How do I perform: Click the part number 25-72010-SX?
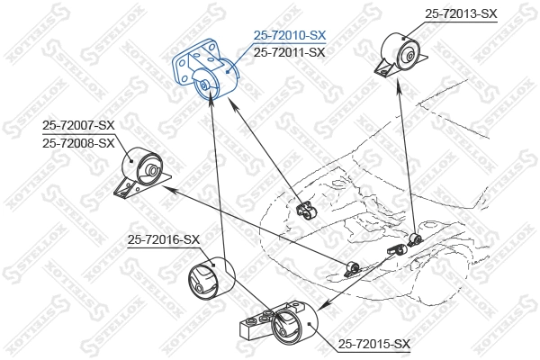pos(290,35)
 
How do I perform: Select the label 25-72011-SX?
pos(290,52)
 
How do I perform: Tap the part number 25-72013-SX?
pos(460,13)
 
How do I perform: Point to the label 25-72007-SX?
pos(78,126)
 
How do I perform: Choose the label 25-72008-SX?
pos(78,142)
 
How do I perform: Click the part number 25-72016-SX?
pos(163,238)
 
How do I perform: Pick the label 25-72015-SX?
pos(374,344)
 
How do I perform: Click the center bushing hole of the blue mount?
pos(205,85)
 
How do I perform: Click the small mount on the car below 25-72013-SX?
pos(414,239)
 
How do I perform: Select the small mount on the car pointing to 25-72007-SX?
pos(353,267)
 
